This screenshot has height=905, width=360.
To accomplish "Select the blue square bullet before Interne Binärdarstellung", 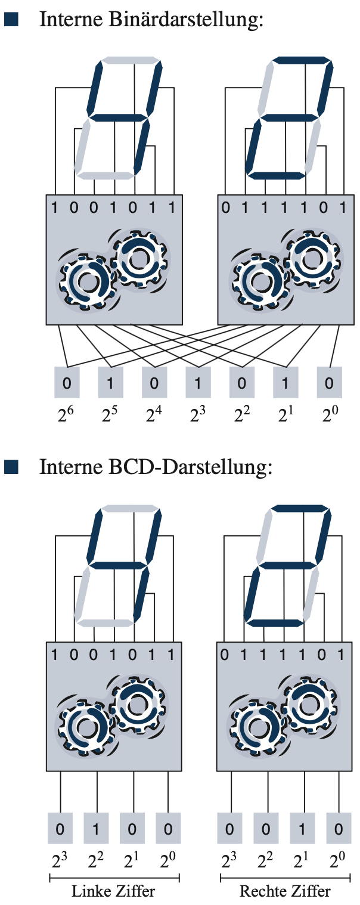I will [x=11, y=20].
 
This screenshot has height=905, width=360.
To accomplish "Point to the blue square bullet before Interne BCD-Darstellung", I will [x=11, y=467].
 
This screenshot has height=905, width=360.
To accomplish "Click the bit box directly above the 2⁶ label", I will [x=67, y=382].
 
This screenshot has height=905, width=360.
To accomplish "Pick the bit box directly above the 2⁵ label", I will [x=110, y=382].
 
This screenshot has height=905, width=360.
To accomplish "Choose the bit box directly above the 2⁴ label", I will [x=154, y=382].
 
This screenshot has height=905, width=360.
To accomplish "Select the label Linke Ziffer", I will [x=113, y=891].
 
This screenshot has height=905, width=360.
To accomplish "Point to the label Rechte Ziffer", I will [x=285, y=891].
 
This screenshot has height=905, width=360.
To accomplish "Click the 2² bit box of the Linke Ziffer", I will [x=96, y=828].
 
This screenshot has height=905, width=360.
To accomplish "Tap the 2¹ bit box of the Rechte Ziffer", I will [x=303, y=828].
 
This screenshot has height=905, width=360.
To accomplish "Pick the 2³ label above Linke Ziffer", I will [x=60, y=861].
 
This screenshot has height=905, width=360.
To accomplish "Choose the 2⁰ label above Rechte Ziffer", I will [x=339, y=861].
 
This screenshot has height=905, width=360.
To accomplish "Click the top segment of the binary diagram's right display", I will [x=302, y=60].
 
